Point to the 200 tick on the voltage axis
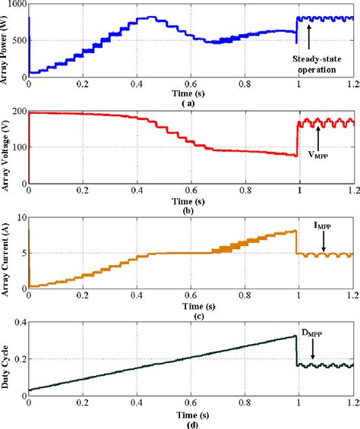pos(17,113)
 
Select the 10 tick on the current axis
pos(20,219)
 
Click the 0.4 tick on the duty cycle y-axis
pos(18,323)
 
